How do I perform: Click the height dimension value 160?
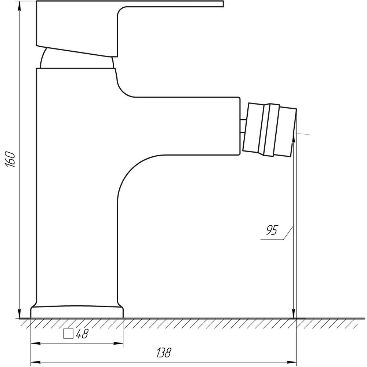(x=11, y=159)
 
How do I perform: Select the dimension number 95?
(x=272, y=230)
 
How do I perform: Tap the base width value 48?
(x=82, y=334)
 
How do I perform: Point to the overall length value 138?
(x=164, y=353)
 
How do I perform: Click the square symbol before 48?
(x=68, y=334)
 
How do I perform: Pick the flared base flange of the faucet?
(x=77, y=311)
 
